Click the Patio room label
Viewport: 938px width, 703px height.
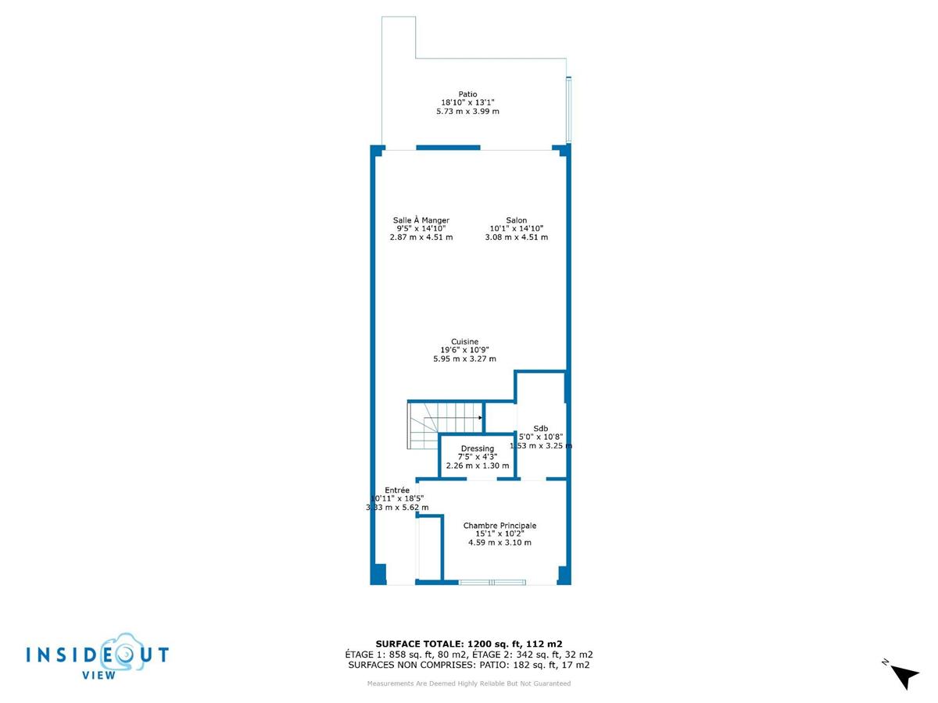coord(467,94)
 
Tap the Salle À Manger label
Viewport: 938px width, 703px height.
coord(421,220)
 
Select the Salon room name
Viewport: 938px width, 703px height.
coord(516,220)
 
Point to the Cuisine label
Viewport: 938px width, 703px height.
coord(464,341)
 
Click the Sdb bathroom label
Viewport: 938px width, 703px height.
coord(541,427)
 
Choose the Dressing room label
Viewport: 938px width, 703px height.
coord(477,448)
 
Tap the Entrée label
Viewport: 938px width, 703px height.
coord(397,490)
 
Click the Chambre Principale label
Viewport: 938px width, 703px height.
coord(499,526)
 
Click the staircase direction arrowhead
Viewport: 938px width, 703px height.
coord(479,418)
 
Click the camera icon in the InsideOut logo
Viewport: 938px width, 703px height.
coord(116,651)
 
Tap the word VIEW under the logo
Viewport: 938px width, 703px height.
coord(99,675)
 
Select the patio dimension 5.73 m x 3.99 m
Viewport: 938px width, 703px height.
coord(467,112)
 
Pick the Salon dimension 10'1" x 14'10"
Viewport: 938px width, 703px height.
coord(516,229)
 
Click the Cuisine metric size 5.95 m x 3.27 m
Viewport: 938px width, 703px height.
coord(464,359)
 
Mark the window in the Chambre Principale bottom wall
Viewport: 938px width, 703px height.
coord(492,582)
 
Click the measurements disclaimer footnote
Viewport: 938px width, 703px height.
coord(469,683)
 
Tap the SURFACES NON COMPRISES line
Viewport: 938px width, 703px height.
coord(469,665)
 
